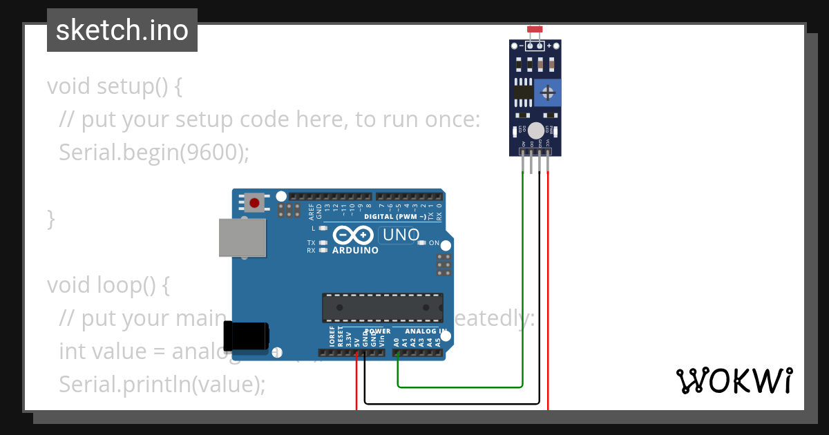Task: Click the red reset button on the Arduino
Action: pos(255,203)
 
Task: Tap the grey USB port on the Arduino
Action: pos(242,238)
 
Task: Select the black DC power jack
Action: pos(246,336)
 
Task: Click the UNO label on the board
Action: pos(401,235)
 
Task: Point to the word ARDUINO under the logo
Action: pos(355,251)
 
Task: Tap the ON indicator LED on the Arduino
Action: pos(421,243)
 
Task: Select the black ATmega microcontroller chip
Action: pos(383,308)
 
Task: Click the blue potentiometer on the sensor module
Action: pos(548,92)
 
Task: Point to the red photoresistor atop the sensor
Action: pos(534,30)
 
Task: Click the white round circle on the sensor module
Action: pos(536,129)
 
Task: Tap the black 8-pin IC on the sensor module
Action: pos(523,92)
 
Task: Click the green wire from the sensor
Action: pos(523,276)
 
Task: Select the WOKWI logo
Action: pos(734,380)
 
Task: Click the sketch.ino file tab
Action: pos(122,30)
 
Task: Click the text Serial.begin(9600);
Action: pos(153,152)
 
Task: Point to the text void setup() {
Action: pos(115,86)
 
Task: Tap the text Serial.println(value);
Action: pos(162,384)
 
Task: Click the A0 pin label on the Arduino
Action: pos(397,341)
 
